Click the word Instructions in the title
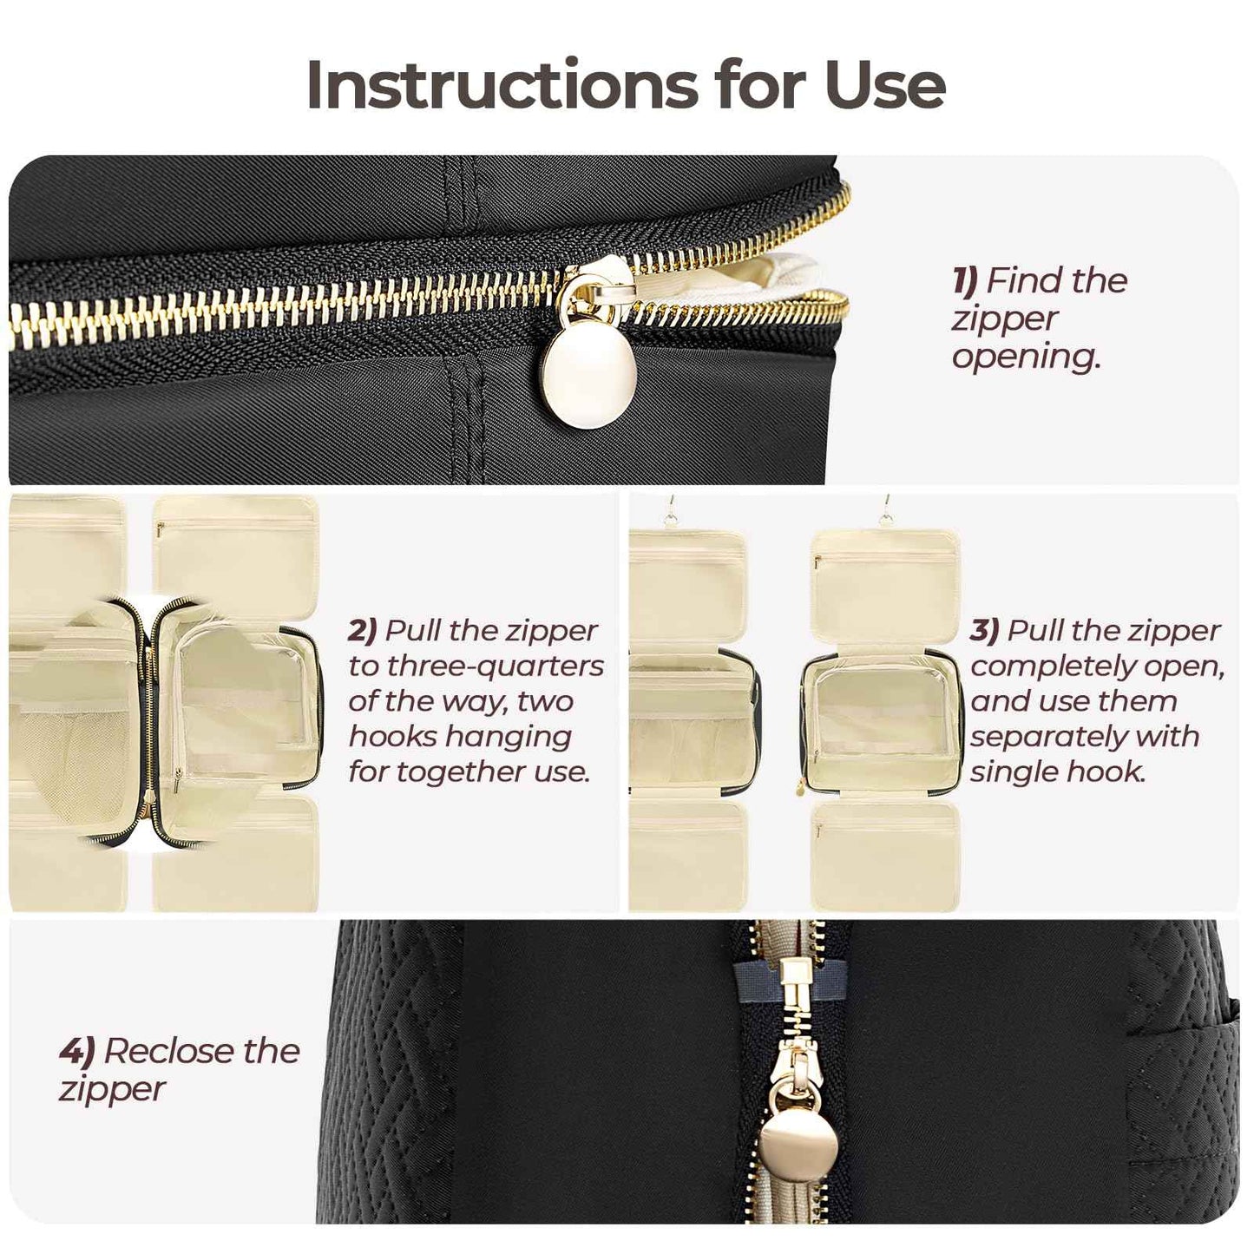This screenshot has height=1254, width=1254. [x=502, y=85]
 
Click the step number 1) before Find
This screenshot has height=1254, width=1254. [x=966, y=280]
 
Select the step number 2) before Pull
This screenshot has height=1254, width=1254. [x=363, y=631]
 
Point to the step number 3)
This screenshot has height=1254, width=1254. [x=985, y=631]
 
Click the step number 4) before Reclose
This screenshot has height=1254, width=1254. [x=76, y=1051]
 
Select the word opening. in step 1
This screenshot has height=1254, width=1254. [x=1026, y=358]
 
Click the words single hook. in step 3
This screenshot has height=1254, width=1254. [x=1058, y=771]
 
